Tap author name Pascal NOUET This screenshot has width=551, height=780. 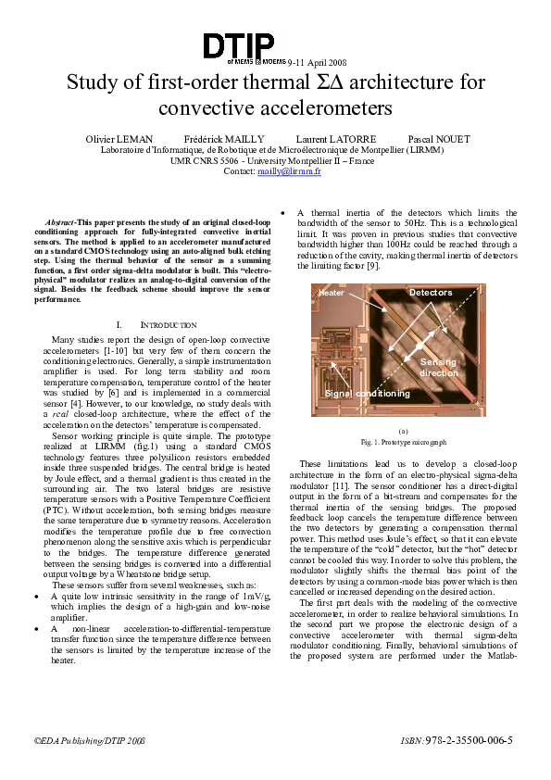(x=439, y=139)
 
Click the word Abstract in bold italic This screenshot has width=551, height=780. (x=61, y=224)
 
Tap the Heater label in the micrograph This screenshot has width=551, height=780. (x=331, y=293)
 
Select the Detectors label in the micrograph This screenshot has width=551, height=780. (x=431, y=293)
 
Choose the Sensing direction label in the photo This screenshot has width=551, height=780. (x=439, y=367)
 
